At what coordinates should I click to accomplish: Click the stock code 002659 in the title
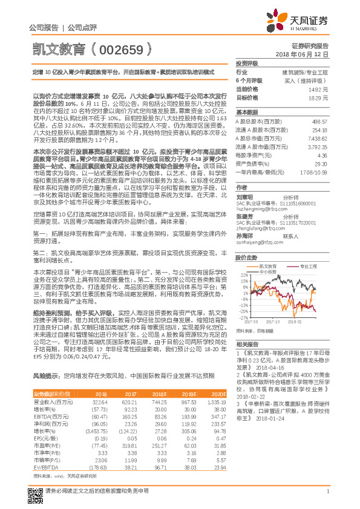121,48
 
